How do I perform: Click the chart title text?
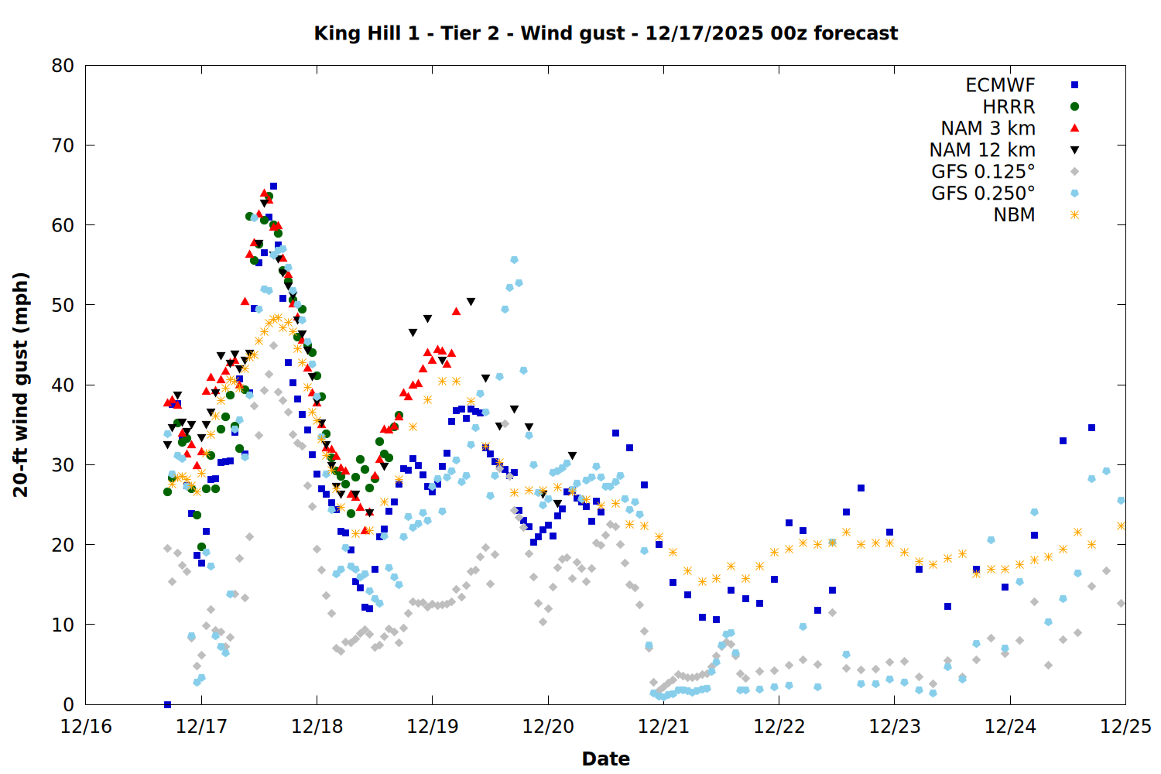(605, 33)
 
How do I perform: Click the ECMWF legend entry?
(1000, 85)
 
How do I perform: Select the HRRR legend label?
(1009, 107)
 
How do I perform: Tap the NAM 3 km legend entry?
(988, 128)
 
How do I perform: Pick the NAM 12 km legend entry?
(982, 150)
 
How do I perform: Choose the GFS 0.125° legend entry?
(983, 172)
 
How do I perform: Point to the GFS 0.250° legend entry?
(983, 193)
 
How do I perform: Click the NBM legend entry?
(1014, 215)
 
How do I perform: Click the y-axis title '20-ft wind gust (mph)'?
(21, 385)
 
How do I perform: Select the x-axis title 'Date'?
(605, 759)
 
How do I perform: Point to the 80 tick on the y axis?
(63, 66)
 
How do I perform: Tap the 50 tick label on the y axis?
(63, 305)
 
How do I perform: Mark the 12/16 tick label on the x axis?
(86, 727)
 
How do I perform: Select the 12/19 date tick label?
(433, 727)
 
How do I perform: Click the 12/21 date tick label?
(663, 727)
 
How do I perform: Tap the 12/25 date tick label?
(1125, 727)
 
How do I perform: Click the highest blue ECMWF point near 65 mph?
(273, 187)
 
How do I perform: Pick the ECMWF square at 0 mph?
(167, 704)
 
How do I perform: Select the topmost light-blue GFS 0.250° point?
(514, 260)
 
